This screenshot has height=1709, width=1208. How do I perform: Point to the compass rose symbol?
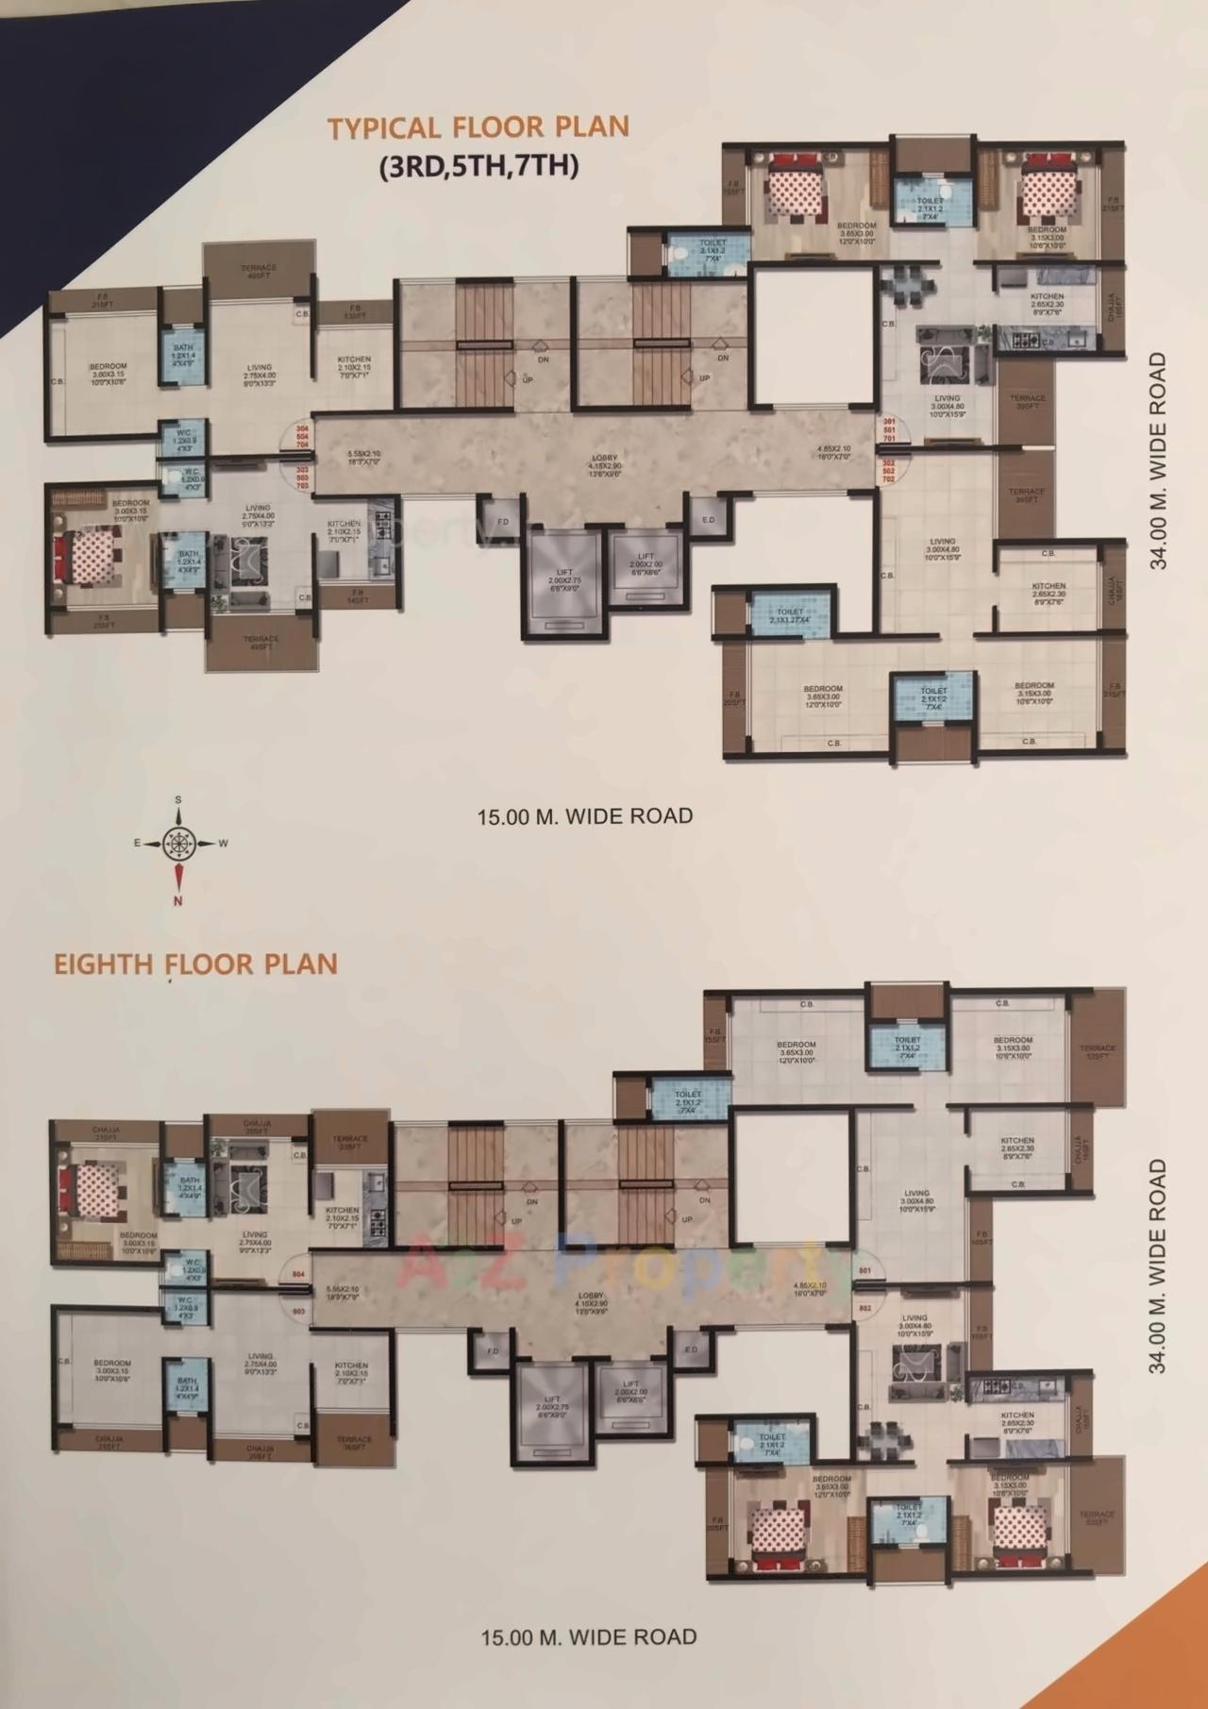pyautogui.click(x=177, y=843)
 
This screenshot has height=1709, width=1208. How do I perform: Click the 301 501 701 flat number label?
pyautogui.click(x=887, y=429)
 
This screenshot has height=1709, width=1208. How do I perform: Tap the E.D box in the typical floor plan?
pyautogui.click(x=708, y=520)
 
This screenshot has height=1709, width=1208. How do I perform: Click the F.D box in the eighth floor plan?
pyautogui.click(x=492, y=1351)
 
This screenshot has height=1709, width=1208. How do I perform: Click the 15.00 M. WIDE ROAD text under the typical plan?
pyautogui.click(x=585, y=815)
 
